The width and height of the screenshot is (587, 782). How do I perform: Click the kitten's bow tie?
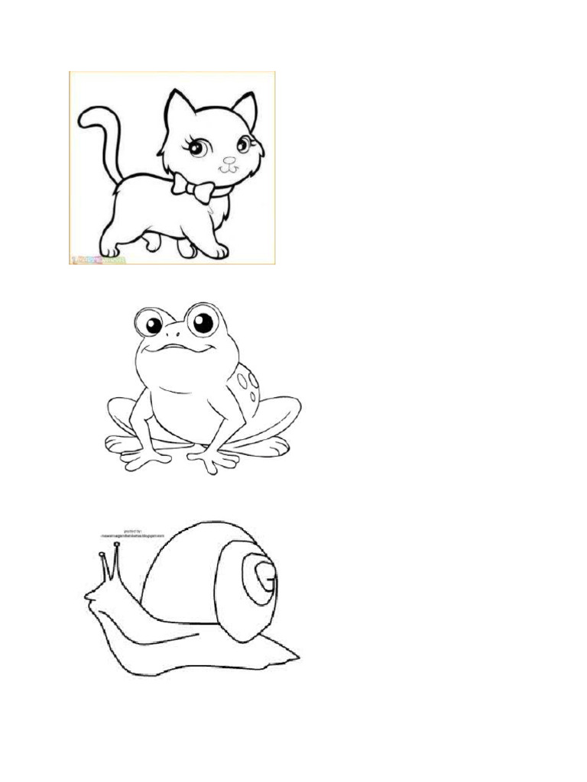coord(192,187)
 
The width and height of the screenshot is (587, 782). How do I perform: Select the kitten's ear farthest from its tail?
coord(246,109)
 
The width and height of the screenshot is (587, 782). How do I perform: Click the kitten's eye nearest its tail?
coord(196,147)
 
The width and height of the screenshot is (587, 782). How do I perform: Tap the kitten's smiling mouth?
coord(229,169)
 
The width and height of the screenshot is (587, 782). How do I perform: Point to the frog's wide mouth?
coord(177,348)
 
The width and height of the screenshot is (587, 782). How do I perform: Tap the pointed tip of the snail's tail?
coord(297,655)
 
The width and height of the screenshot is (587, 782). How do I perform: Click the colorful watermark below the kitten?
coord(99,260)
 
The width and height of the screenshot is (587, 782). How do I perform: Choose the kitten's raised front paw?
coord(152,244)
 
